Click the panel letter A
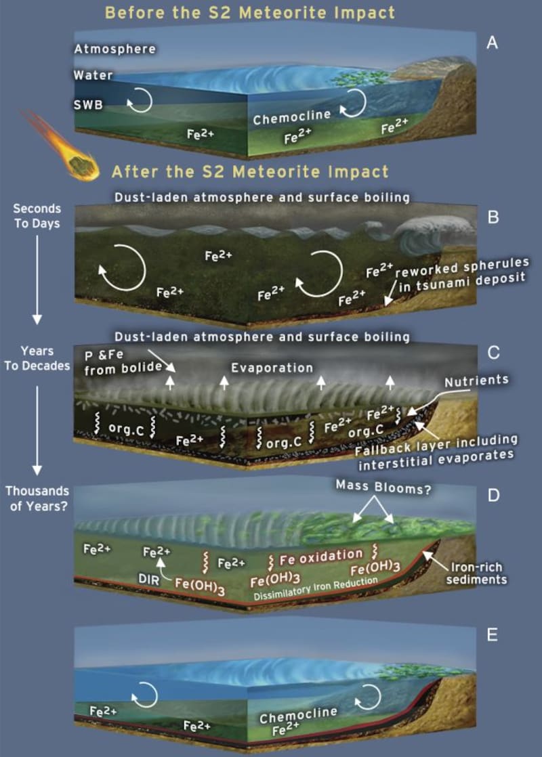pyautogui.click(x=493, y=43)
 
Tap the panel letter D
pyautogui.click(x=493, y=495)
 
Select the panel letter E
pyautogui.click(x=493, y=634)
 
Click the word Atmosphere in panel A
pyautogui.click(x=114, y=49)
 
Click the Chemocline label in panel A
pyautogui.click(x=292, y=118)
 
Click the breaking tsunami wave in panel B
pyautogui.click(x=420, y=237)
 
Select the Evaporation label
pyautogui.click(x=272, y=368)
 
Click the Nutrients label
pyautogui.click(x=476, y=381)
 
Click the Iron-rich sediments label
pyautogui.click(x=478, y=574)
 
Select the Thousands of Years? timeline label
pyautogui.click(x=38, y=498)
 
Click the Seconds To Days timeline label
pyautogui.click(x=38, y=215)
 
